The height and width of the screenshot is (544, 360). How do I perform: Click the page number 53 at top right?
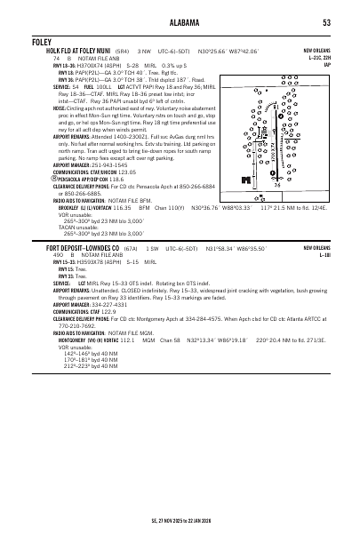pos(327,22)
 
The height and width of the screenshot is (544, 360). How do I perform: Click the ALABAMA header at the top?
pos(180,22)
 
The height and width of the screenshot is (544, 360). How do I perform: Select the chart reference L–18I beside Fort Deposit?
pos(325,253)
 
